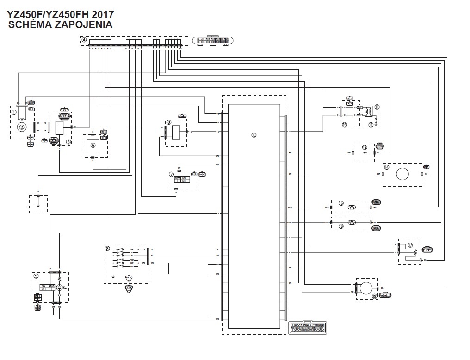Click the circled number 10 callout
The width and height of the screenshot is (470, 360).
tap(254, 135)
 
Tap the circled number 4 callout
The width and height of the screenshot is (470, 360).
tap(84, 40)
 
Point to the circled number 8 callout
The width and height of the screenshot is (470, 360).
tap(107, 248)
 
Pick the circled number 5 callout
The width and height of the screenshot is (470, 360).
tap(93, 145)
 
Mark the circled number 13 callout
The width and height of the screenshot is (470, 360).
tap(365, 147)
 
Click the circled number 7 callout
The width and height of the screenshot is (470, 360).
tap(171, 174)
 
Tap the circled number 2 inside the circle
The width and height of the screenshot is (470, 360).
tap(22, 126)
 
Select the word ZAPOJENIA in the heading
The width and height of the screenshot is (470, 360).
tap(84, 25)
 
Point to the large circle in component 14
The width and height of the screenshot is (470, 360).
tap(402, 174)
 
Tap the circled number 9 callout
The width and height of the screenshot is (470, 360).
tap(36, 276)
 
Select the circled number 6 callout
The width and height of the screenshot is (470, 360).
tap(169, 122)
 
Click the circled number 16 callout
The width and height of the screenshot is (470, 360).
tap(341, 226)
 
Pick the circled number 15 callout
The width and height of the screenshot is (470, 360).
tap(341, 203)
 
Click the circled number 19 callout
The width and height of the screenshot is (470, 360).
tap(345, 124)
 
